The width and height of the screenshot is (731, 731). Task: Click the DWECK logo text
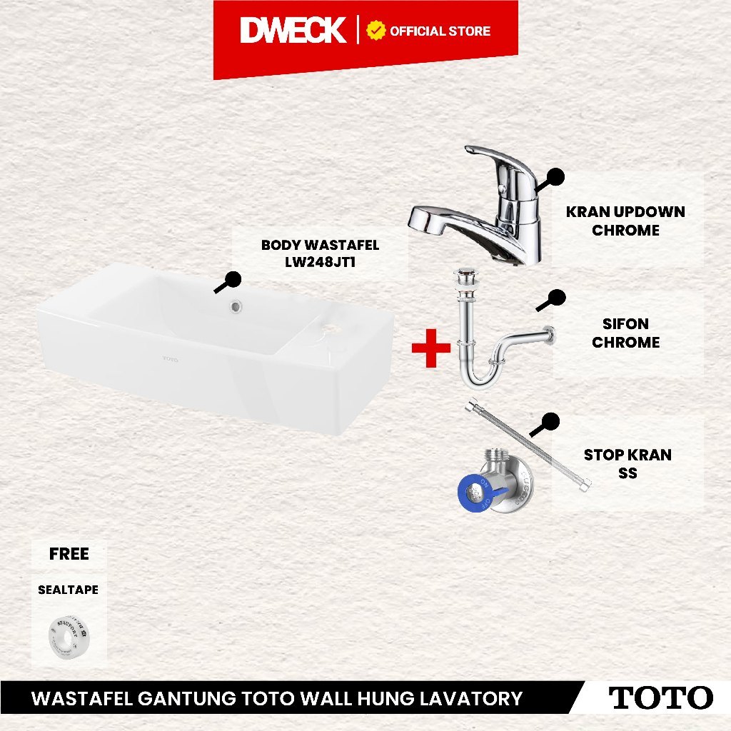click(293, 30)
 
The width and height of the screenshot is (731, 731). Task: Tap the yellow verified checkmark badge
click(375, 31)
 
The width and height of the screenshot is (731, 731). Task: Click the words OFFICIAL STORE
click(440, 31)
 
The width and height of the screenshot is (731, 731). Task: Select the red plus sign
click(431, 348)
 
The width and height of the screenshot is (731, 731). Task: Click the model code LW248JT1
click(321, 262)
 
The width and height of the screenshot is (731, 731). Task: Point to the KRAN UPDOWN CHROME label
click(625, 221)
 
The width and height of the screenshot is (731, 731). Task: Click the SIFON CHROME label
click(625, 333)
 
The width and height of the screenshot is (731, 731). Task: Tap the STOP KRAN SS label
click(627, 463)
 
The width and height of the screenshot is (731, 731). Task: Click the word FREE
click(69, 554)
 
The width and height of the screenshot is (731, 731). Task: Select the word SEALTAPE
click(68, 590)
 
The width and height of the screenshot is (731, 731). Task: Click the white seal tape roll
click(69, 637)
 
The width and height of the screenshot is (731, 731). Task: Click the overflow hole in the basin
click(236, 306)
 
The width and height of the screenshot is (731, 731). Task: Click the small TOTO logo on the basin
click(171, 360)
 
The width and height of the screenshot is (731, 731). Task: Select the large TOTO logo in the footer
click(661, 698)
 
